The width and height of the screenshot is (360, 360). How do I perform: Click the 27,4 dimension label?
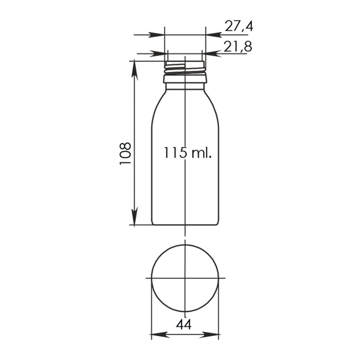pyautogui.click(x=239, y=26)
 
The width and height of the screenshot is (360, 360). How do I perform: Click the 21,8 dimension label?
pyautogui.click(x=238, y=46)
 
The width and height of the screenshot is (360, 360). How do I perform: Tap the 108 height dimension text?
pyautogui.click(x=125, y=153)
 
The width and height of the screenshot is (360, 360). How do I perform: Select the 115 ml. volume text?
pyautogui.click(x=187, y=153)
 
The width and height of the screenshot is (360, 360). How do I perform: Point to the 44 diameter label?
pyautogui.click(x=184, y=324)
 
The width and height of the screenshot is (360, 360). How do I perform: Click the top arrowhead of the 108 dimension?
pyautogui.click(x=135, y=70)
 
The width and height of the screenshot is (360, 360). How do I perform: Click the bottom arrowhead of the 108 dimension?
pyautogui.click(x=135, y=216)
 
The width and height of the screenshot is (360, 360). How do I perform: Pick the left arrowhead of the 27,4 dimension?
pyautogui.click(x=157, y=35)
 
